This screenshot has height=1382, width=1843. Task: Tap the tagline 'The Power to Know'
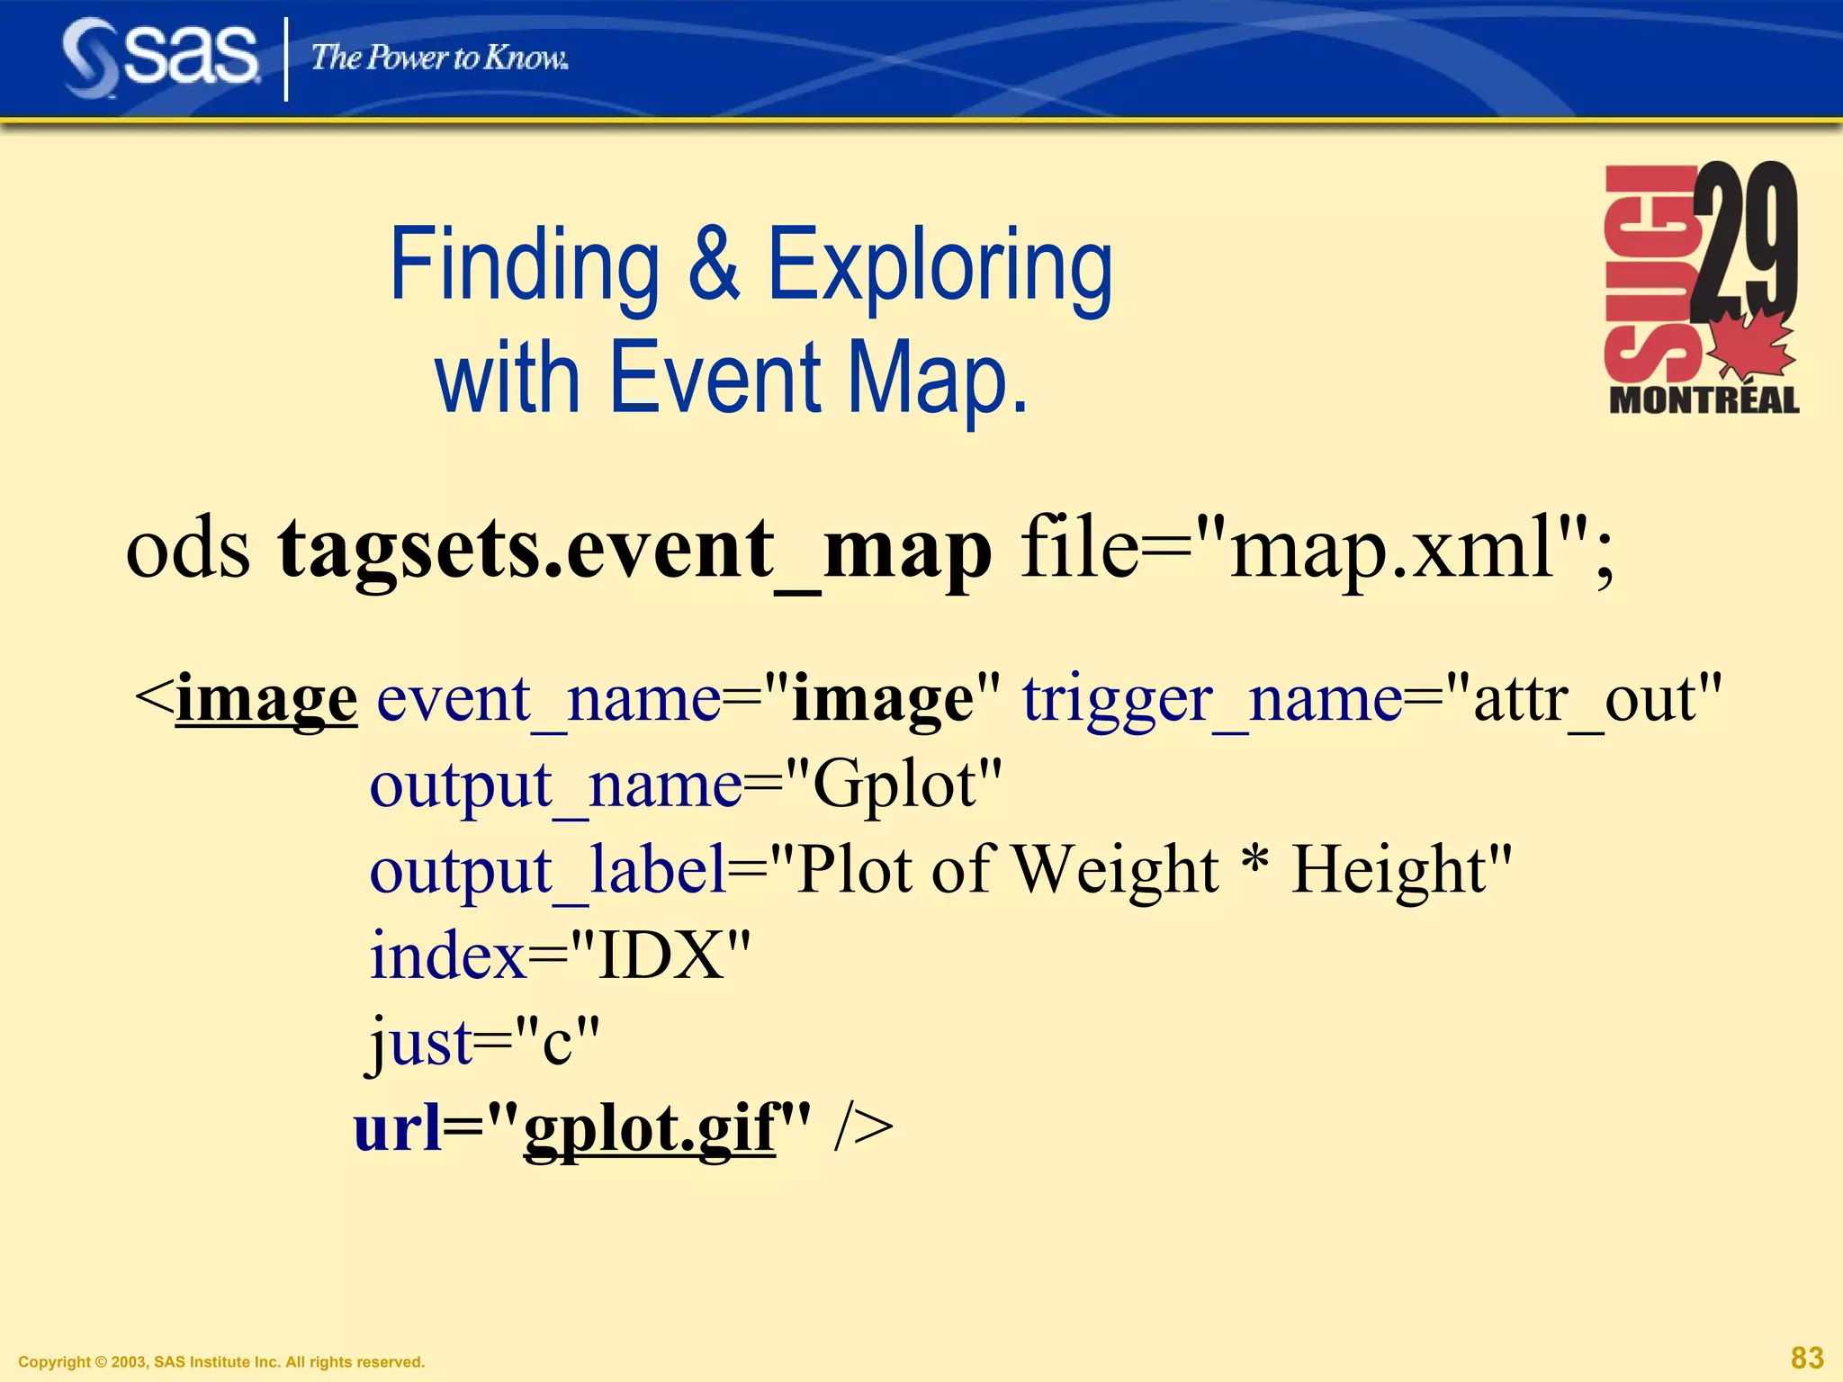(x=439, y=58)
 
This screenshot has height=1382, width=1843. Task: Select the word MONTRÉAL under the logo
(x=1704, y=399)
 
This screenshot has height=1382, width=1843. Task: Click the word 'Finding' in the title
(x=525, y=266)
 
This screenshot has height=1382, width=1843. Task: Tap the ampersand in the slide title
(x=714, y=266)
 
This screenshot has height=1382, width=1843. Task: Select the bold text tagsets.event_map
(x=634, y=549)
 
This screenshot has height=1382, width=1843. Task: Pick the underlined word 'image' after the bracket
(x=266, y=700)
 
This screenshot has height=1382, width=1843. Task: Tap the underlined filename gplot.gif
(x=649, y=1128)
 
